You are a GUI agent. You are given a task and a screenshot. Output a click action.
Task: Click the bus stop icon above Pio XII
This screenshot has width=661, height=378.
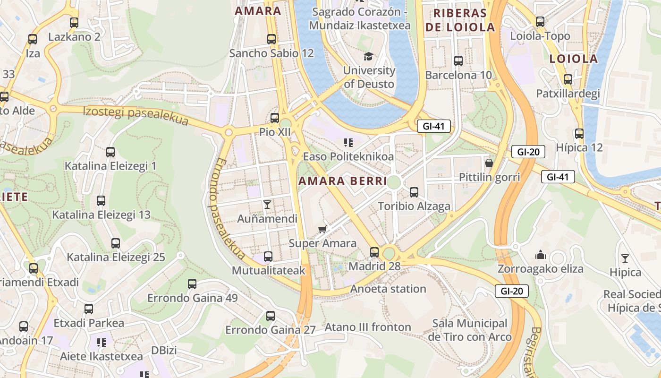click(274, 118)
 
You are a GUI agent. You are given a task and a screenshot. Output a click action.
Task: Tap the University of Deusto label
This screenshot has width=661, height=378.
click(369, 77)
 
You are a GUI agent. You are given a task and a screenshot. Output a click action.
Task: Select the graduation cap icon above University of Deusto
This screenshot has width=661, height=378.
click(368, 56)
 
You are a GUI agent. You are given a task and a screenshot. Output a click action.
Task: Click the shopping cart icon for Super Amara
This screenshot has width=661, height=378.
click(322, 229)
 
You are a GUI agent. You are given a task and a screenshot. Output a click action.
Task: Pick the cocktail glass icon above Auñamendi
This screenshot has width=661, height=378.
click(267, 204)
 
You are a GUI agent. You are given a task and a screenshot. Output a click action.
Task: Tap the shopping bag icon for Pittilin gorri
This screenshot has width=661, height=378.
click(489, 163)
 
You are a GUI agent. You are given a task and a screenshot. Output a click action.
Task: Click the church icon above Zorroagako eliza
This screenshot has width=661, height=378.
click(541, 255)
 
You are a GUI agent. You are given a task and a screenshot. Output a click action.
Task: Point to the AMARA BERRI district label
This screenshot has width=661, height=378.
click(342, 181)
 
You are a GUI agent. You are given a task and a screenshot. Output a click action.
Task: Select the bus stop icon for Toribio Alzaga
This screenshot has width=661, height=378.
click(414, 192)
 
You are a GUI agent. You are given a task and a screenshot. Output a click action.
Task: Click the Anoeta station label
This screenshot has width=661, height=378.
click(388, 289)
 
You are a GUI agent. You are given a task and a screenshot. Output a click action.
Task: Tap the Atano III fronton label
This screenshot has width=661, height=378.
click(368, 327)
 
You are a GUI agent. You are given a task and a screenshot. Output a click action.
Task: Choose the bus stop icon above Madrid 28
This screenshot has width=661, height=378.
click(374, 252)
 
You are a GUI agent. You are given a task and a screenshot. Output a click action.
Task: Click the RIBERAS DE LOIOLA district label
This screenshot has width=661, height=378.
click(460, 20)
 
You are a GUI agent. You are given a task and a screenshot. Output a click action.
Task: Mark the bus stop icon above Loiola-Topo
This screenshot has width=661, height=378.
click(540, 21)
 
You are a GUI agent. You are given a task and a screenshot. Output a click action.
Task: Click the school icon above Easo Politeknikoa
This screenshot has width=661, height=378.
click(348, 142)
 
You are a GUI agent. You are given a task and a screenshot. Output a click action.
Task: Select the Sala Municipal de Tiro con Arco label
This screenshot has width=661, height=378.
click(469, 330)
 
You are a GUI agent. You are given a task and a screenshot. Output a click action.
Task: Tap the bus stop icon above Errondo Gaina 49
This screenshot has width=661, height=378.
click(192, 284)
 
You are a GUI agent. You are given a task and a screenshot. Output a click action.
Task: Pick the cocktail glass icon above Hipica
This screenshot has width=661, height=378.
click(625, 258)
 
